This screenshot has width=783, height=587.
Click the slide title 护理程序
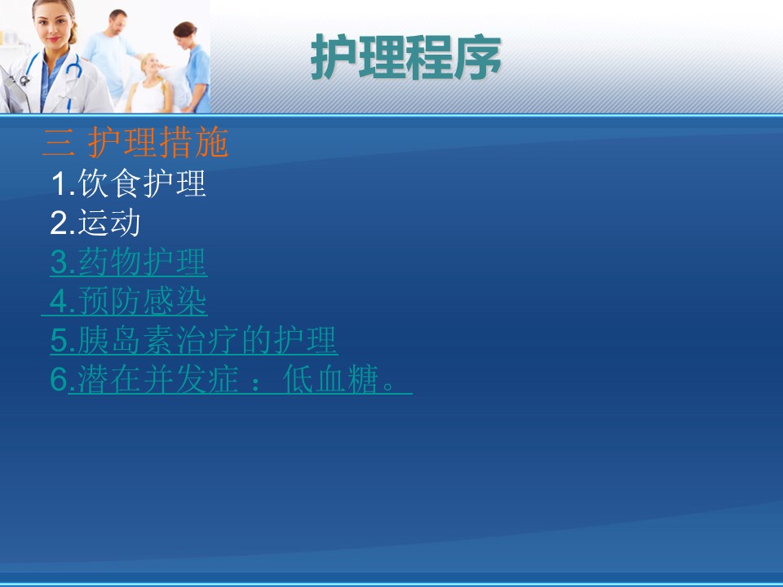tap(405, 57)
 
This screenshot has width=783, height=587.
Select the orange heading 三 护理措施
tap(135, 142)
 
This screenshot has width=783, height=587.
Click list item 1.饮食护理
tap(128, 183)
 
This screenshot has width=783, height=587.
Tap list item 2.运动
tap(95, 223)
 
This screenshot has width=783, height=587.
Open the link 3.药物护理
tap(128, 262)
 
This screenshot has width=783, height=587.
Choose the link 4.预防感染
tap(128, 301)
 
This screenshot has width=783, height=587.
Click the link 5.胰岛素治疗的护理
tap(194, 340)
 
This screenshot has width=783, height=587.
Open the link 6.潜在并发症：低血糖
tap(231, 379)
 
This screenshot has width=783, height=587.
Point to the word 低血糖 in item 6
tap(330, 379)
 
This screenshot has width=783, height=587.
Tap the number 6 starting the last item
tap(59, 379)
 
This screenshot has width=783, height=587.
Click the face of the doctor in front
tap(54, 26)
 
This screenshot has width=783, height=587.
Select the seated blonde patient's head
tap(150, 66)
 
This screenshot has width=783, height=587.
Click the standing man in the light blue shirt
tap(111, 54)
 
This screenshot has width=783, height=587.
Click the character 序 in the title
tap(478, 57)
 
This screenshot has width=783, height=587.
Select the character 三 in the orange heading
tap(59, 143)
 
